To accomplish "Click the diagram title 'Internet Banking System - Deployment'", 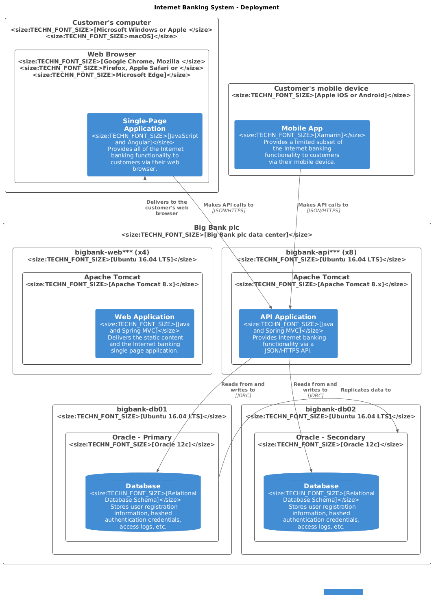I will (x=216, y=7).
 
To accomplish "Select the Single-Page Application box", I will (x=144, y=145).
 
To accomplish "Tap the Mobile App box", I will (x=302, y=145).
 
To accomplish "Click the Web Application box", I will (x=144, y=333).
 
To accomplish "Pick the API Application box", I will (x=288, y=333).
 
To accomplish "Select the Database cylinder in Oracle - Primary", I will (x=143, y=503).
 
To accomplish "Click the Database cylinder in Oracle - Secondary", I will (x=321, y=503).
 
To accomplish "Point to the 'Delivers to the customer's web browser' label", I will (x=167, y=208).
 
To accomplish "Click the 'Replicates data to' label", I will (x=366, y=390).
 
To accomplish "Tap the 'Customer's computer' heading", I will (x=111, y=23).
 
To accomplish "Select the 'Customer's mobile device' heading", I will (x=321, y=89).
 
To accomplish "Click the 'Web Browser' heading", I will (x=111, y=54).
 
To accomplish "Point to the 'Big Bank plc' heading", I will (x=216, y=228).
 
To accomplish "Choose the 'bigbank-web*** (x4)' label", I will (x=112, y=252).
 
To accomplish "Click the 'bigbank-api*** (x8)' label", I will (x=321, y=252).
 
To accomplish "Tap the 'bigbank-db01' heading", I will (x=142, y=409).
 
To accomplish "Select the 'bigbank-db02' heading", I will (x=330, y=409).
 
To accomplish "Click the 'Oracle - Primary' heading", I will (x=142, y=437).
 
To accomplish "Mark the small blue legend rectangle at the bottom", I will (x=343, y=592).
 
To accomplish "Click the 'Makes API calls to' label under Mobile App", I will (x=323, y=205).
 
